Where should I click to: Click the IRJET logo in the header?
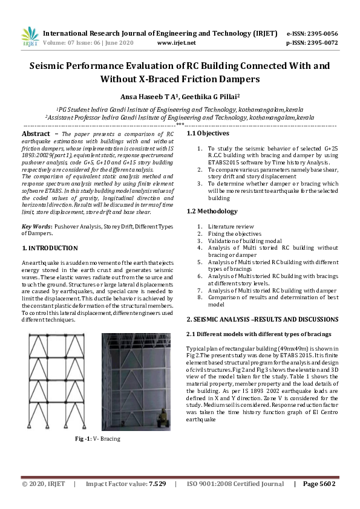[30, 37]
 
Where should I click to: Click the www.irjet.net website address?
[176, 44]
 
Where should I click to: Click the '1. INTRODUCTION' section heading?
[50, 248]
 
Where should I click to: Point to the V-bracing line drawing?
[57, 380]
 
